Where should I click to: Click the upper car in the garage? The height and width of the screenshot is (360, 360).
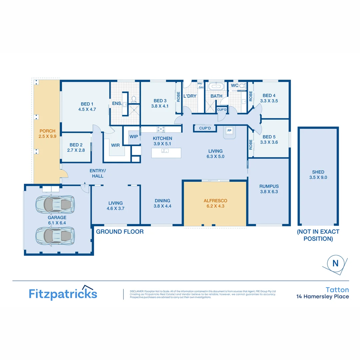(x=55, y=204)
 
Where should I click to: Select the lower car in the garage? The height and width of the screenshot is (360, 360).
(x=55, y=235)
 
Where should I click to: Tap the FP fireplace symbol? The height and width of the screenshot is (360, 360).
(x=229, y=131)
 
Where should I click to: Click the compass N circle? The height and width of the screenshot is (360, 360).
(x=335, y=263)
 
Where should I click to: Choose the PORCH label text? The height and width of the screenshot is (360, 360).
(x=47, y=131)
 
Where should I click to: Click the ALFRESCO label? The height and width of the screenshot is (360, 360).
(x=215, y=201)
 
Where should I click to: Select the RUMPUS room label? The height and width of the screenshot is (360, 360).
(x=269, y=186)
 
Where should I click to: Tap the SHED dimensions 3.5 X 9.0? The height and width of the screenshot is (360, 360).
(x=318, y=177)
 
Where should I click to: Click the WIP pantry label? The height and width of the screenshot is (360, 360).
(x=134, y=136)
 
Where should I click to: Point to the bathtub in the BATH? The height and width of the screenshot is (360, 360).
(x=216, y=86)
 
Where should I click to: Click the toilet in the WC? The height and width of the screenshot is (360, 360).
(x=242, y=86)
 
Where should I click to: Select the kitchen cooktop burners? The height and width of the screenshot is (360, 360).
(x=161, y=129)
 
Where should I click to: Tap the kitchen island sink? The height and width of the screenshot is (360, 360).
(x=165, y=151)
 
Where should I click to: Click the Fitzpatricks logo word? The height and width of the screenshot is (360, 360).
(x=63, y=294)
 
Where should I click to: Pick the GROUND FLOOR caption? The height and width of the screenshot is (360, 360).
(x=120, y=232)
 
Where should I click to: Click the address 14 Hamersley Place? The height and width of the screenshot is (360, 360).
(x=323, y=296)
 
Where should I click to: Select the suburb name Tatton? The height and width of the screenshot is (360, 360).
(x=337, y=290)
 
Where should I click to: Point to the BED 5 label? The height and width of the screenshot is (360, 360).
(x=269, y=137)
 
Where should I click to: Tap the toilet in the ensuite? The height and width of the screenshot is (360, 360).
(x=134, y=99)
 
